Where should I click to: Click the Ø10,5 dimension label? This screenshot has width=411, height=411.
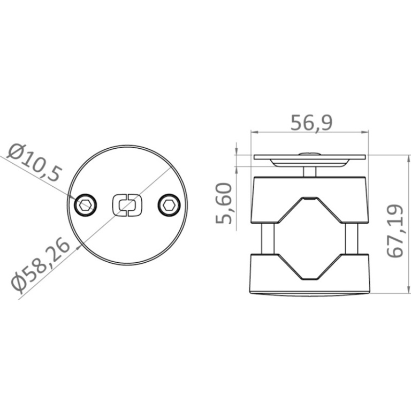pyautogui.click(x=35, y=162)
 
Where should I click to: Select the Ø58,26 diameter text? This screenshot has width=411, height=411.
pyautogui.click(x=41, y=265)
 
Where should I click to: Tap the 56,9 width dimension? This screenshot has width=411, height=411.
pyautogui.click(x=311, y=123)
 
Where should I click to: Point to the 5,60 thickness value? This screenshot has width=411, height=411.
pyautogui.click(x=224, y=203)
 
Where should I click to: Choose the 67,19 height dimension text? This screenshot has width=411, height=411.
pyautogui.click(x=395, y=231)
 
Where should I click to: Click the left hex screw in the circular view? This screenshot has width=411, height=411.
pyautogui.click(x=86, y=205)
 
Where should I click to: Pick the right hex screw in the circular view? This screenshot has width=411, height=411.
pyautogui.click(x=169, y=205)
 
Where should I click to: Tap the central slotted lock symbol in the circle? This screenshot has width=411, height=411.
pyautogui.click(x=127, y=205)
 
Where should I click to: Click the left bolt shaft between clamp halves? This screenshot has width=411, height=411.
pyautogui.click(x=268, y=239)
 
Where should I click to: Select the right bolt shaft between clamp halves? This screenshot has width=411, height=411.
pyautogui.click(x=352, y=239)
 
